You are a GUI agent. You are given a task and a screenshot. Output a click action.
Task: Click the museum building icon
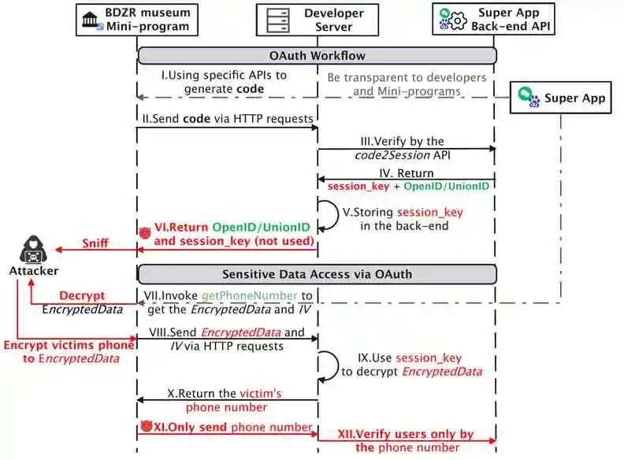[90, 19]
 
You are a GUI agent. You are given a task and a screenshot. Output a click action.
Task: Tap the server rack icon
[278, 20]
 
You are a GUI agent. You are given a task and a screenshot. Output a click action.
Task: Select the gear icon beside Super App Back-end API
[458, 20]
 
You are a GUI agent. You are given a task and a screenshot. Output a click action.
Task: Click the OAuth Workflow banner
[317, 55]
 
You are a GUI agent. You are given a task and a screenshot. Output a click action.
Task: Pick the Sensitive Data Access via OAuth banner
[317, 274]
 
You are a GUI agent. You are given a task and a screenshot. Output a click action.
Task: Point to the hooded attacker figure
[33, 250]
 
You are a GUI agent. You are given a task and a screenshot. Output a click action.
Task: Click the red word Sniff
[95, 243]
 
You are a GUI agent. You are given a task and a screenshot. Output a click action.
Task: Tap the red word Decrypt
[82, 295]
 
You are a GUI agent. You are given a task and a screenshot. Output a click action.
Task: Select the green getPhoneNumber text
[250, 295]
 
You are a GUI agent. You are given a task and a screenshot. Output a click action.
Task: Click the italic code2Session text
[392, 155]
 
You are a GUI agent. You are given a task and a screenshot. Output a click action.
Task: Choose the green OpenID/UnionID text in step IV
[446, 186]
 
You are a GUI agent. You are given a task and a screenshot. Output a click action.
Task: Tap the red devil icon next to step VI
[145, 232]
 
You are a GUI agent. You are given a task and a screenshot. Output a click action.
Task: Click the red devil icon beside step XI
[147, 426]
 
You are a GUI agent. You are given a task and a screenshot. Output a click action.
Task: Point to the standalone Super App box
[561, 98]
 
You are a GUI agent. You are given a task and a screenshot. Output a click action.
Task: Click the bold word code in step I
[250, 89]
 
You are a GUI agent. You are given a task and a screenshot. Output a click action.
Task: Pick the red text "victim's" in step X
[260, 394]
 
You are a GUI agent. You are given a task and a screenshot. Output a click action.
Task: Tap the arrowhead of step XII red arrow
[492, 440]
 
